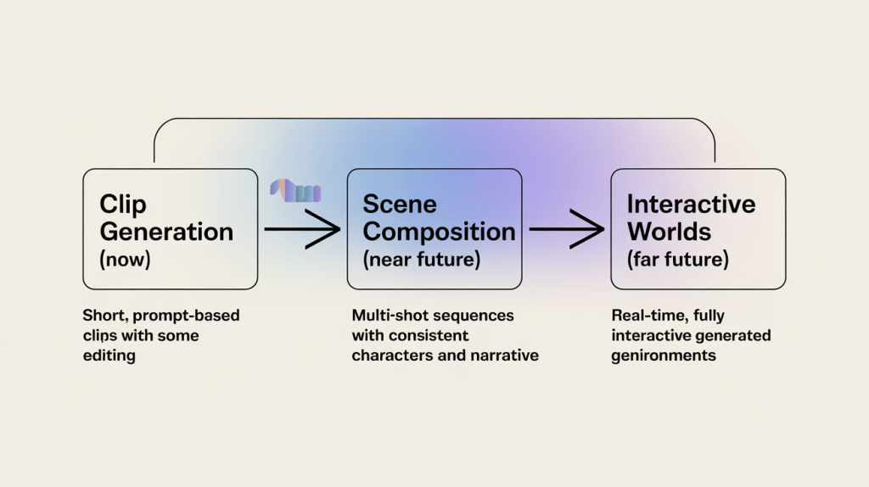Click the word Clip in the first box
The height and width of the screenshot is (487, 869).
pos(123,204)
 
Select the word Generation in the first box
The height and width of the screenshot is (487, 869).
pos(166,232)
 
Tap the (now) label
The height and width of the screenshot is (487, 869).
pos(125,260)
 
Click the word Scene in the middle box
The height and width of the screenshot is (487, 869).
pos(400,204)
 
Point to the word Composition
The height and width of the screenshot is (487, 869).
pos(439,232)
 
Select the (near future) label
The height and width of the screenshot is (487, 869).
pos(422,260)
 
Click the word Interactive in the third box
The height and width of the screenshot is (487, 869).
pos(691,204)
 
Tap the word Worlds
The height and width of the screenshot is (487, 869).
pos(669,232)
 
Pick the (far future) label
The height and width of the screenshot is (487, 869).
pos(677,260)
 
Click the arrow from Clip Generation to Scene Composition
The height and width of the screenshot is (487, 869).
pos(302,229)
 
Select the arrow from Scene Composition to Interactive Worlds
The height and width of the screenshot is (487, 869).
pos(566,229)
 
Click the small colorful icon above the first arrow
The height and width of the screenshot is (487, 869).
pos(295,191)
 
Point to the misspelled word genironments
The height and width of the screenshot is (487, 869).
pos(664,355)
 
